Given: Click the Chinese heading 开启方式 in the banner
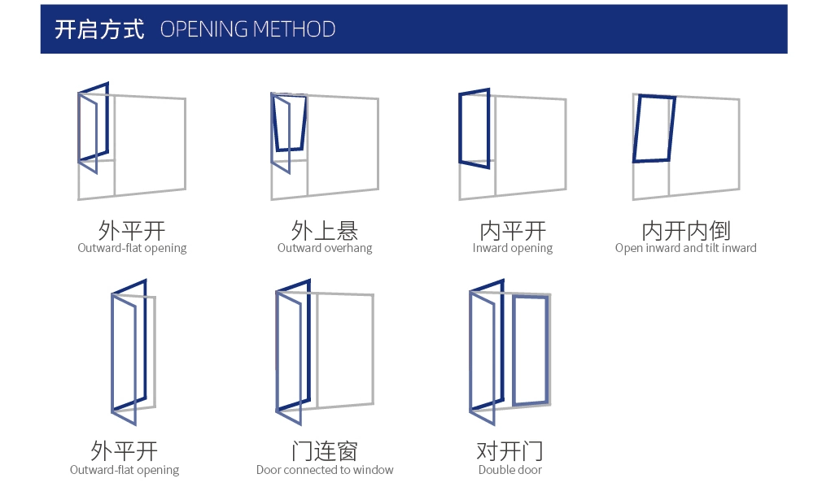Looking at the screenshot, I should click(98, 30).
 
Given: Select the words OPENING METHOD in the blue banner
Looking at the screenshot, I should click(247, 30).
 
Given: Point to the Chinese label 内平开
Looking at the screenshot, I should click(513, 230).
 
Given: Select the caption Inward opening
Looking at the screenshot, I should click(513, 248).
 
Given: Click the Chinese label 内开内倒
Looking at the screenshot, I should click(685, 230).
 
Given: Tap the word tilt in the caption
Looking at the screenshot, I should click(709, 248).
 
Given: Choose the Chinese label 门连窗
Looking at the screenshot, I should click(324, 450).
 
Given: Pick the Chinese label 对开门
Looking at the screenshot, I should click(509, 450).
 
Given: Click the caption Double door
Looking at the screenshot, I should click(509, 470).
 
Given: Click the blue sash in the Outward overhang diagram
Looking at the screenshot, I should click(290, 123).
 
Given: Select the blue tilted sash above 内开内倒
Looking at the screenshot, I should click(654, 128).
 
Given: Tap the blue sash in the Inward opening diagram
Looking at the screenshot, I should click(474, 128).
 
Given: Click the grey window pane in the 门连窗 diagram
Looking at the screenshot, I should click(344, 350).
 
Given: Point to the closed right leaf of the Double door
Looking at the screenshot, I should click(530, 350).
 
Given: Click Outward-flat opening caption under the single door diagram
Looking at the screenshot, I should click(125, 470).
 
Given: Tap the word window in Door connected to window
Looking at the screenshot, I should click(374, 470).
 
